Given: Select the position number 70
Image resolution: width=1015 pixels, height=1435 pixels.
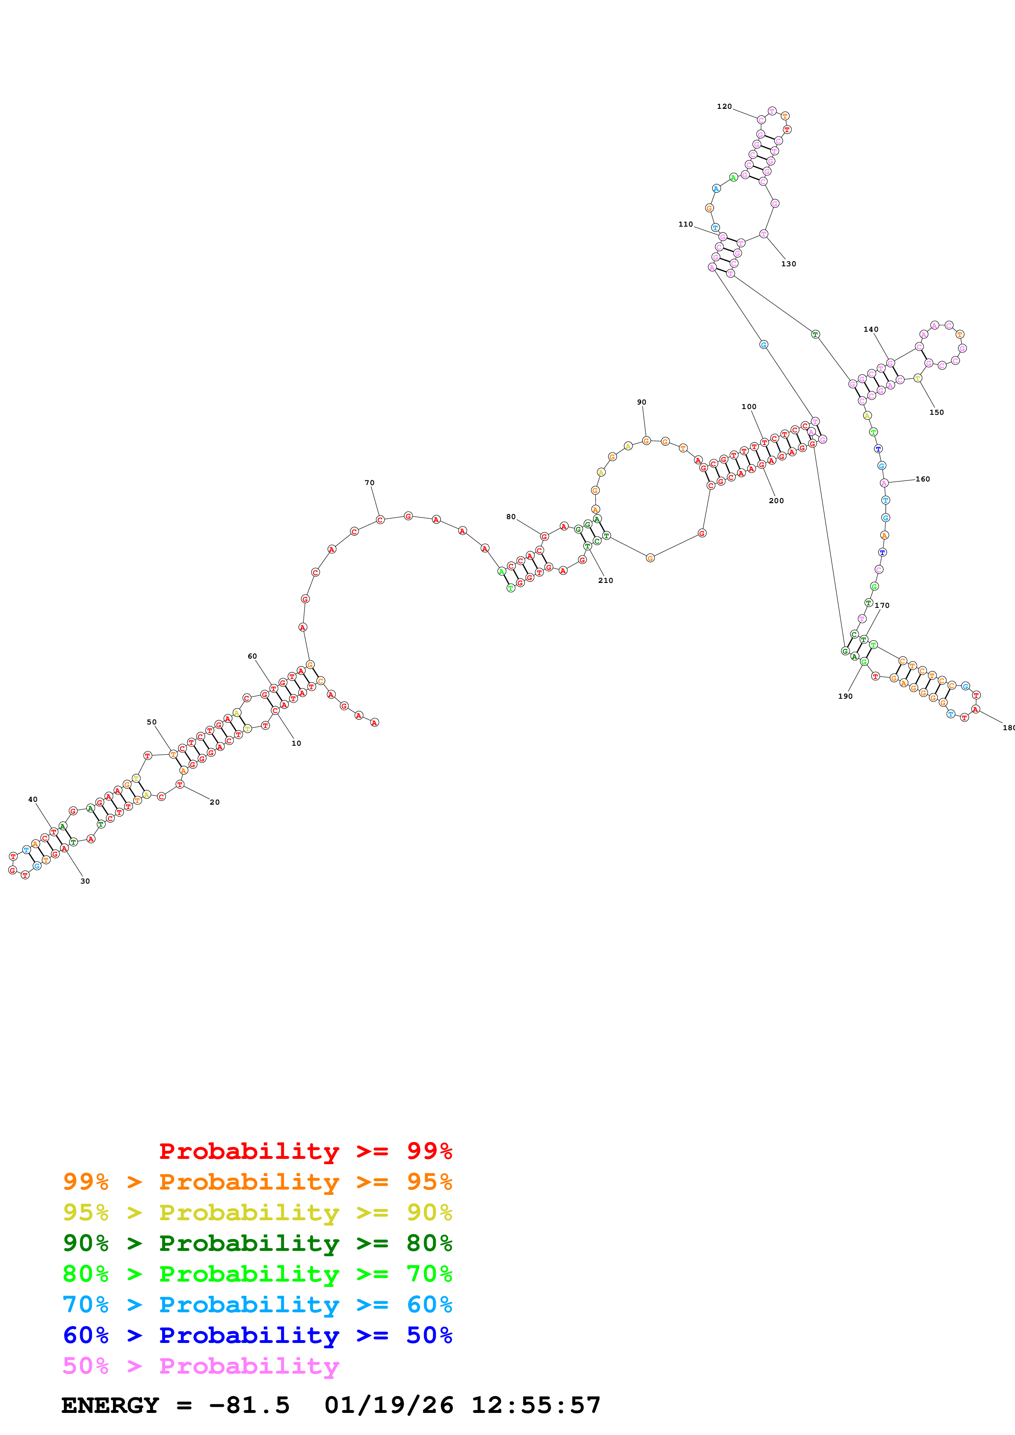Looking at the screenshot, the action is (x=370, y=483).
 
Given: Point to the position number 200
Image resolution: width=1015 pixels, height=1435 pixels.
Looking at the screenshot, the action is (x=776, y=501).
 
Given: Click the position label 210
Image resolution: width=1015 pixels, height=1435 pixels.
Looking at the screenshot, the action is (x=606, y=580).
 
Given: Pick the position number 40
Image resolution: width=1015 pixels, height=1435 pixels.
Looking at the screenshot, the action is (x=32, y=799).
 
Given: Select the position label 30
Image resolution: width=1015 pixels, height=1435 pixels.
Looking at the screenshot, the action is (x=85, y=881).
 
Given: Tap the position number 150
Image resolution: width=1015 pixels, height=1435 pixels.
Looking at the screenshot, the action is (x=936, y=412).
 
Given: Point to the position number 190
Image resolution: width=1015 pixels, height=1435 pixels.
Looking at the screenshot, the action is (x=845, y=696).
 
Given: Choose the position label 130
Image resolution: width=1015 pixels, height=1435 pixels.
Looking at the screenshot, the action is (x=789, y=264).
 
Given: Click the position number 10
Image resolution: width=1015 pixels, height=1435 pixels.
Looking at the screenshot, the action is (x=296, y=744).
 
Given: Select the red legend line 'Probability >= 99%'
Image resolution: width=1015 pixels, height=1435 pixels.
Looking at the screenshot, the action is (x=305, y=1151).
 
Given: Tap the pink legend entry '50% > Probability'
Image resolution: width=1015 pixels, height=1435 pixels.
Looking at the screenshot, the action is (x=201, y=1366).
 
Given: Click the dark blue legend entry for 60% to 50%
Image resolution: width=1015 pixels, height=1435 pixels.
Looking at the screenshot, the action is (x=257, y=1336).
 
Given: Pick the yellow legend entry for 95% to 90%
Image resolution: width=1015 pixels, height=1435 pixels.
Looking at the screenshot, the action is (x=257, y=1212).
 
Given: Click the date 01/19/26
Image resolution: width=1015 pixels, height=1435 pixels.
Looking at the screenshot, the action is (x=389, y=1406).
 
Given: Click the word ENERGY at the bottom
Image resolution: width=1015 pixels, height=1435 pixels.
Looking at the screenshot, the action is (x=110, y=1406).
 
